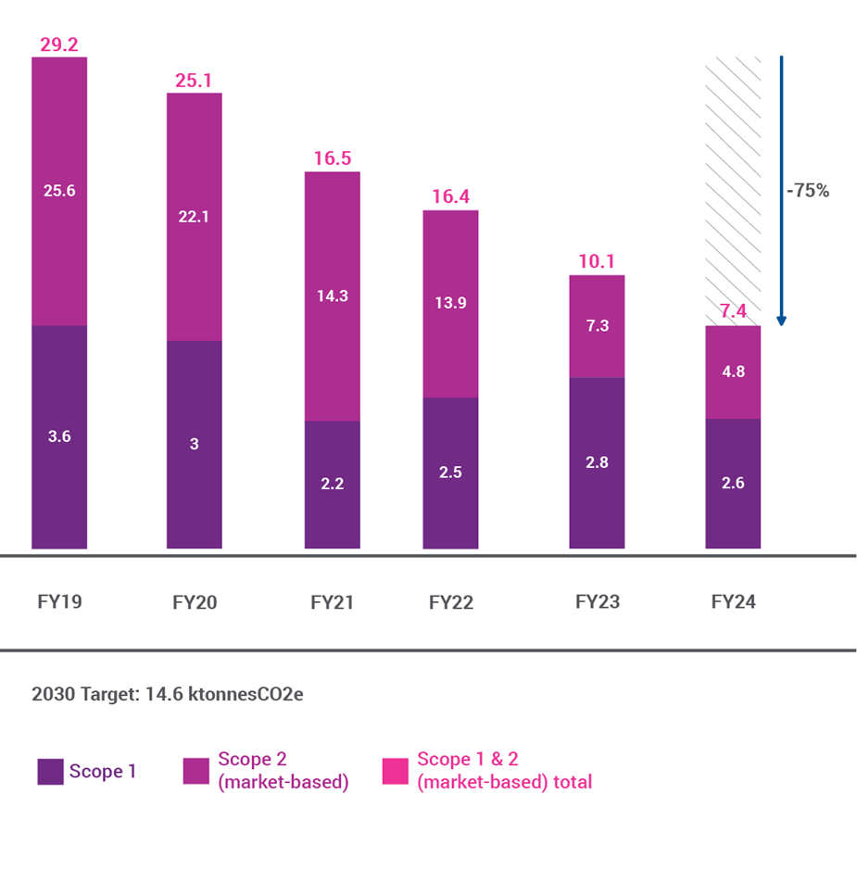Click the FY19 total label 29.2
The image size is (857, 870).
click(59, 44)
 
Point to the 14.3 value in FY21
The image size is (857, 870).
click(332, 296)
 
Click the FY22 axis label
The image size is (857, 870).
click(451, 602)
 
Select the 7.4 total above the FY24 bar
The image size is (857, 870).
click(733, 311)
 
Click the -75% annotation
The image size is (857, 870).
click(807, 192)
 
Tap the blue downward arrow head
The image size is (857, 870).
click(781, 321)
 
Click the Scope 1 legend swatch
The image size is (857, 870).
click(50, 771)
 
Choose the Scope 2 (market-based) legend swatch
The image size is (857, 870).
click(196, 771)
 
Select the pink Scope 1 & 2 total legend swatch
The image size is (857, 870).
click(396, 771)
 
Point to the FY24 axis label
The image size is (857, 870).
click(734, 602)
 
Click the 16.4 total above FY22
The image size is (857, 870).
click(451, 196)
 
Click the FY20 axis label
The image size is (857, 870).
click(195, 602)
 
